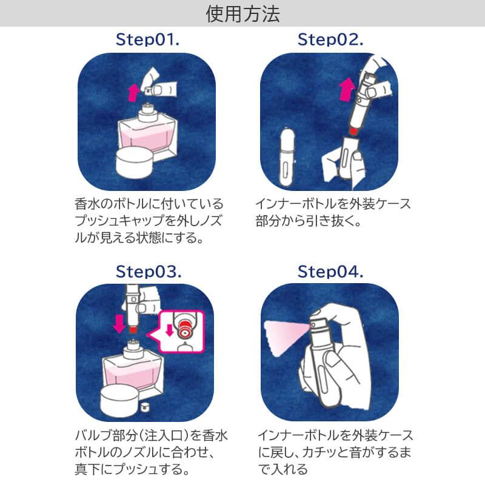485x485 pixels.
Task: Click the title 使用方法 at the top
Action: coord(242,13)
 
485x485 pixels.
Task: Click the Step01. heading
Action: coord(148,40)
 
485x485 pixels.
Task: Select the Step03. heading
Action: coord(148,272)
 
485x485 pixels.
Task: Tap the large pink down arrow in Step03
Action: coord(119,322)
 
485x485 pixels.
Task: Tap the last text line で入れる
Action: coord(283,469)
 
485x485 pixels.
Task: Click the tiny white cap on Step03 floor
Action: coord(146,404)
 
